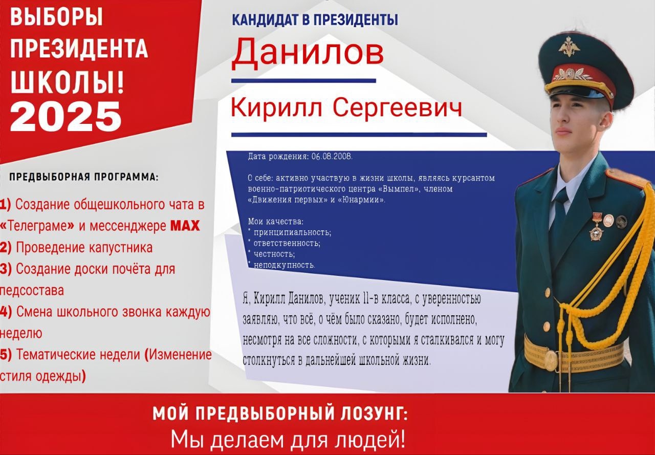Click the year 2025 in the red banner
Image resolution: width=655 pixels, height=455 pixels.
coord(65,117)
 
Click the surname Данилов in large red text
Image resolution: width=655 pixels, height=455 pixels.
coord(308,53)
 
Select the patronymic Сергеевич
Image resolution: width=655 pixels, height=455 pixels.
coord(398,107)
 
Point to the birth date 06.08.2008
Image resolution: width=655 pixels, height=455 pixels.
coord(332,156)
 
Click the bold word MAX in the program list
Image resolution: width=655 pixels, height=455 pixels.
coord(185,226)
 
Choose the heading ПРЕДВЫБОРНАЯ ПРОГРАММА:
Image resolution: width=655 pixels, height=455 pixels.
coord(84,177)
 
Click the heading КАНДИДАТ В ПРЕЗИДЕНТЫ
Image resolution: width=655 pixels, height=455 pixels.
coord(315,20)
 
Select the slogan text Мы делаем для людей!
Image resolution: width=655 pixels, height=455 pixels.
coord(288,439)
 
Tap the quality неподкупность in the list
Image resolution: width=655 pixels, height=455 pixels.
coord(284,265)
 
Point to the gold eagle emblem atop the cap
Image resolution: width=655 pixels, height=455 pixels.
coord(569,47)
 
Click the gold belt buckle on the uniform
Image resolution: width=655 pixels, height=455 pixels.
coord(551,361)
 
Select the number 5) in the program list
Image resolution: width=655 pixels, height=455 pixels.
coord(6,355)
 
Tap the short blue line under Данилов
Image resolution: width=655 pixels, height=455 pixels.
coord(303,81)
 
